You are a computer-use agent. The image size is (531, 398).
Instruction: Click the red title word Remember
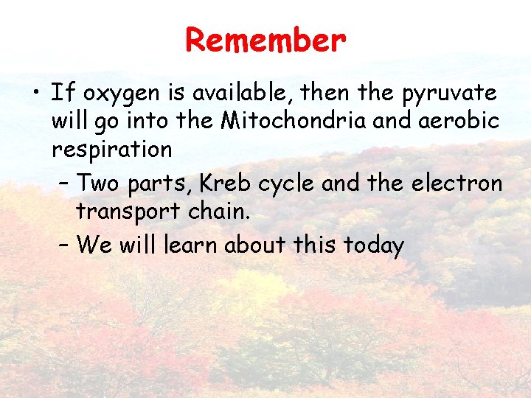265,40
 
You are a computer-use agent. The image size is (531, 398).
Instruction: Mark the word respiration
111,150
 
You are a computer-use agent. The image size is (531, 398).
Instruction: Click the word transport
128,212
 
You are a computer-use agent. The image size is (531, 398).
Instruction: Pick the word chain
219,211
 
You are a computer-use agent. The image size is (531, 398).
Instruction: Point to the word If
62,93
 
